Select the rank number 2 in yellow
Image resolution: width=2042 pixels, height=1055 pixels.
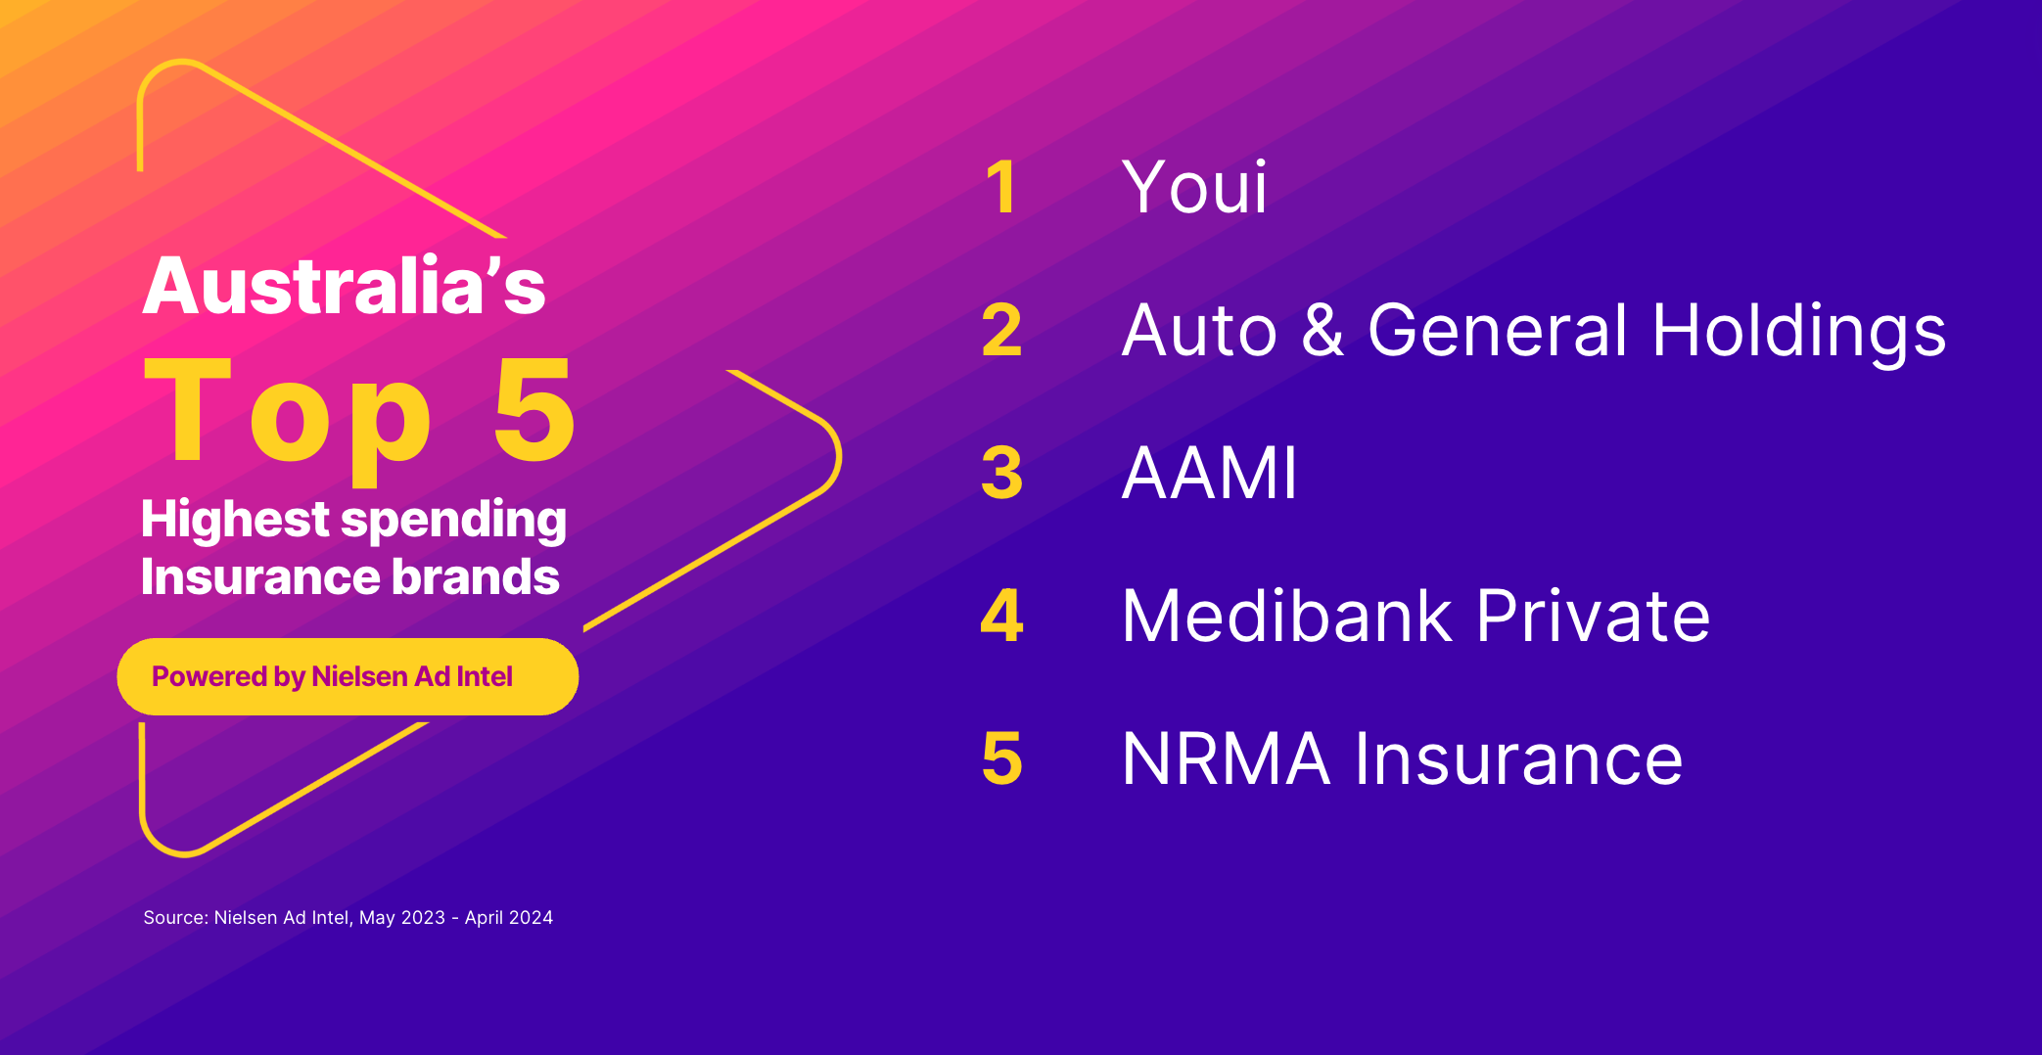click(x=1001, y=330)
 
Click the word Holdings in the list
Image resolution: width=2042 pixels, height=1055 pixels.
click(x=1798, y=331)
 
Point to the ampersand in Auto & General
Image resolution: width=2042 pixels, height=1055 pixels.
click(x=1323, y=330)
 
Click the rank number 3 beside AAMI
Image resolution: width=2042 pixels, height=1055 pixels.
click(x=1001, y=473)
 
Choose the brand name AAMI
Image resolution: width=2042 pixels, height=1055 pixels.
click(x=1209, y=473)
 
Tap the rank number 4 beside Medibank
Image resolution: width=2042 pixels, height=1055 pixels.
click(x=1001, y=616)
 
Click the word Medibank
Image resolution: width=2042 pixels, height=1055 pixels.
click(x=1287, y=616)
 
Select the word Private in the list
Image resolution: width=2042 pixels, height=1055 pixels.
click(x=1593, y=616)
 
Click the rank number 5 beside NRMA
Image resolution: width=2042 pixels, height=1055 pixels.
click(x=1001, y=758)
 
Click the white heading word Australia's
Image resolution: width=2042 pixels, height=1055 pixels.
click(x=344, y=286)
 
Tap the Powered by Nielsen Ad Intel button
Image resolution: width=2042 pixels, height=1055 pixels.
click(x=348, y=676)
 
